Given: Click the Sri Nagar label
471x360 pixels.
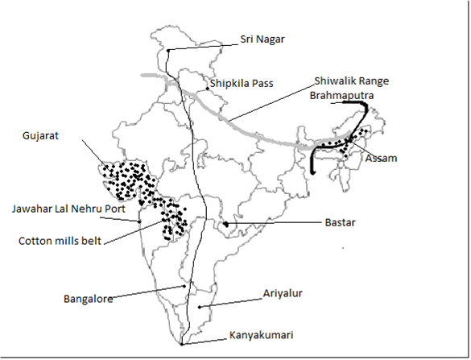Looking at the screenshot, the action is tap(262, 39).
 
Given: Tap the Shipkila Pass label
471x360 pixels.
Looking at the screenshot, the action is tap(242, 83).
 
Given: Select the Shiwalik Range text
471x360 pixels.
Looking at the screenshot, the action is tap(352, 81).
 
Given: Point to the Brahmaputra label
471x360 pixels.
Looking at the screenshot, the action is tap(342, 96).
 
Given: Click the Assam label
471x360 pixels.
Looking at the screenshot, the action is tap(381, 158).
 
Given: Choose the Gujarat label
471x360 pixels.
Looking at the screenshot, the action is tap(40, 135).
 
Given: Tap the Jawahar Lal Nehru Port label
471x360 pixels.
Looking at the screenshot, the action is tap(68, 209).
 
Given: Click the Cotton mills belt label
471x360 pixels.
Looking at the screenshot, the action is tap(60, 241).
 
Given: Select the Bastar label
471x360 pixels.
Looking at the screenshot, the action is tap(340, 222).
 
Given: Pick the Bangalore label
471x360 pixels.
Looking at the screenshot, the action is tap(89, 299).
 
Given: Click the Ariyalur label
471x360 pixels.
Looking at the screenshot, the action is tap(283, 293).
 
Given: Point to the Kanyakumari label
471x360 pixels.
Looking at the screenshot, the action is tap(261, 335).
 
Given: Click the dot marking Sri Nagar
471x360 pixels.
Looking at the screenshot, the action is tap(168, 51).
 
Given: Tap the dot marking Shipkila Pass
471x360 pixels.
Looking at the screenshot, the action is tap(207, 89).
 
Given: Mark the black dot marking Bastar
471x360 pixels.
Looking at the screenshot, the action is tap(226, 224).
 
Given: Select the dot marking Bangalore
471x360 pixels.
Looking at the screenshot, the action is tap(184, 287).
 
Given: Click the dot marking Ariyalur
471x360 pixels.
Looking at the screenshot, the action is tap(199, 307).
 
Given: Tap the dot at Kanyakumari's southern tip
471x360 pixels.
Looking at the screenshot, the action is tap(181, 345).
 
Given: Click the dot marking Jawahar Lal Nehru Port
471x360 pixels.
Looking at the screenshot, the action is tap(139, 221).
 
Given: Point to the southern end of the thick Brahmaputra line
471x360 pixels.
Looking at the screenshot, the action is tap(313, 173).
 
